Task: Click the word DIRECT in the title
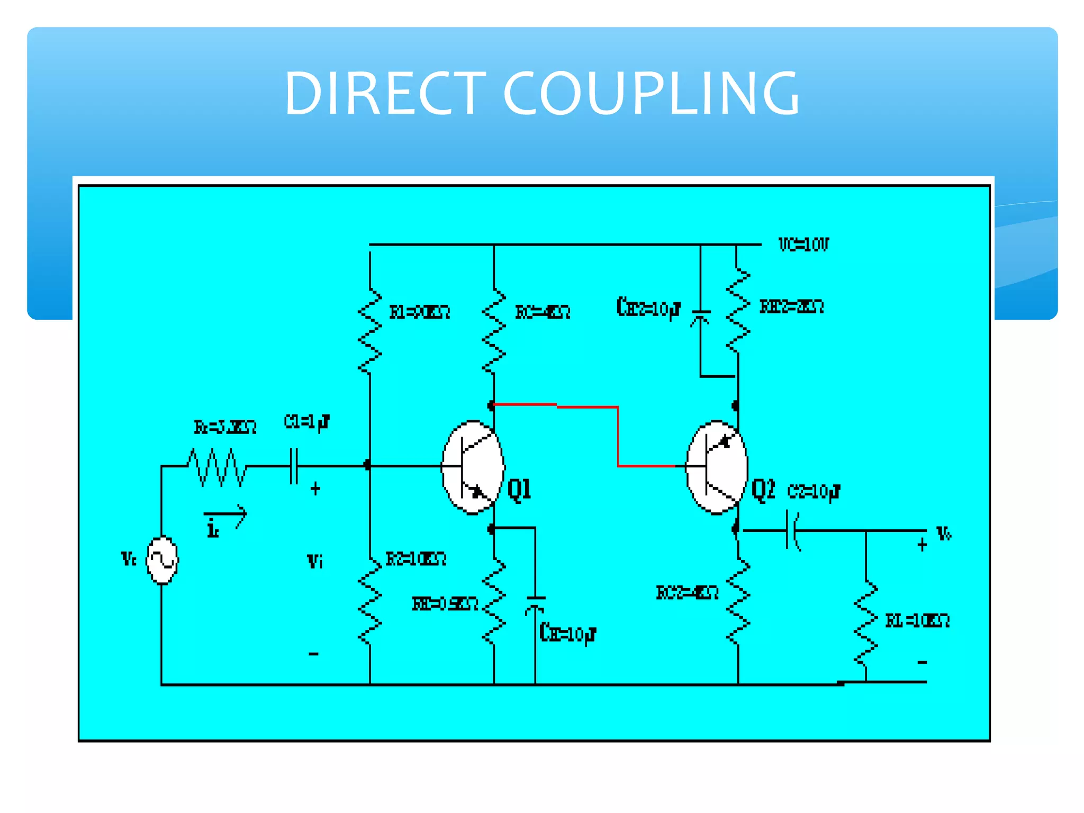click(385, 93)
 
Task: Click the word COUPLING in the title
click(651, 93)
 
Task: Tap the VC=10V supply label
click(803, 244)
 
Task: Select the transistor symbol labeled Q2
click(717, 467)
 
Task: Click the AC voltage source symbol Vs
click(162, 560)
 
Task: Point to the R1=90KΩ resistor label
click(420, 312)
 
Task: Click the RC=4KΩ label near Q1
click(543, 312)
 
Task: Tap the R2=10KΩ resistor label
click(416, 559)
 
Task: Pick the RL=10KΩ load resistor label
click(917, 620)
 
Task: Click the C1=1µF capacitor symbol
click(294, 466)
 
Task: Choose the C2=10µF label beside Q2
click(814, 492)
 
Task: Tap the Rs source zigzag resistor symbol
click(217, 467)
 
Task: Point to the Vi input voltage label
click(315, 561)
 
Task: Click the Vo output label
click(944, 533)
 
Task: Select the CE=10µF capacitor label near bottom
click(567, 633)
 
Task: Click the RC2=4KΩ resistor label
click(687, 592)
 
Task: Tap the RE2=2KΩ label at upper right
click(791, 306)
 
